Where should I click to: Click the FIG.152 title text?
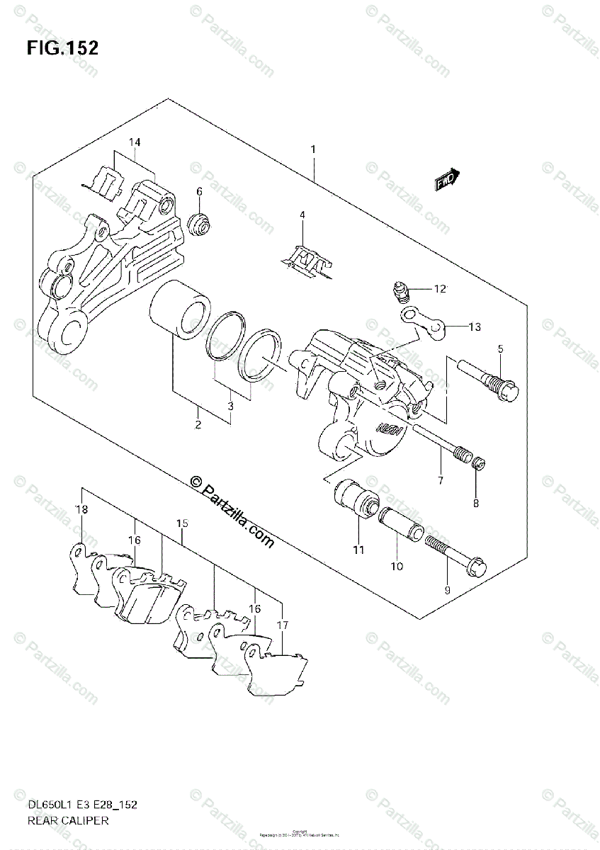pos(62,48)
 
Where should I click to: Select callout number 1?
pos(312,149)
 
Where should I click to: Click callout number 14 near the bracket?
pos(135,142)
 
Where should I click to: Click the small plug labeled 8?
pos(477,465)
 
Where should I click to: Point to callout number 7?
pos(439,480)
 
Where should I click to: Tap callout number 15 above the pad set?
pos(182,523)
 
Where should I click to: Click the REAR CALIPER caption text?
pos(69,821)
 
